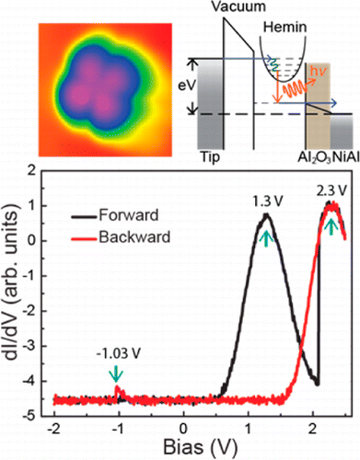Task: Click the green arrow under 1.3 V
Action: point(266,239)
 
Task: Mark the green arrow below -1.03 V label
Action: point(116,374)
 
